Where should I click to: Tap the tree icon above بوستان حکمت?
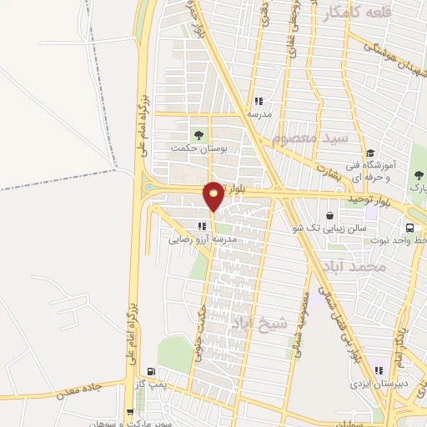[x=198, y=134]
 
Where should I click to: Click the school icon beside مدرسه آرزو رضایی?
[x=202, y=226]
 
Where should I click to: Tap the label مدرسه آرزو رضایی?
[x=203, y=239]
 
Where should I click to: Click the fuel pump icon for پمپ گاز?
[x=151, y=372]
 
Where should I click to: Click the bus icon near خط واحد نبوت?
[x=409, y=228]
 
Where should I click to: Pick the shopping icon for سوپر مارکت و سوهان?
[x=129, y=411]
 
